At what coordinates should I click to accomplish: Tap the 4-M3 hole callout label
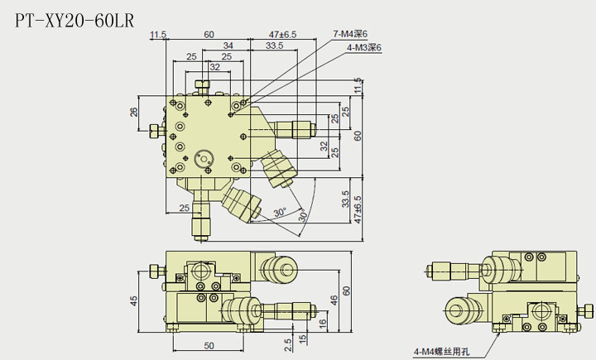click(364, 48)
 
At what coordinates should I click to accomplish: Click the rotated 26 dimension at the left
click(135, 112)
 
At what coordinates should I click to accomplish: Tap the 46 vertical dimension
click(334, 300)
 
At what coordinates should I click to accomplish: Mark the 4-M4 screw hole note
click(443, 353)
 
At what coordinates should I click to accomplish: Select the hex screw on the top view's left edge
click(156, 131)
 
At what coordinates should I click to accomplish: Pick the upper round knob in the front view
click(277, 268)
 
